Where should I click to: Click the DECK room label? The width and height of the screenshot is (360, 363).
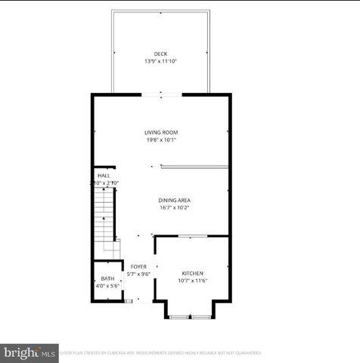pyautogui.click(x=160, y=54)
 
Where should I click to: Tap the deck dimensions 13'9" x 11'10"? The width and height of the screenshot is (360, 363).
pyautogui.click(x=160, y=61)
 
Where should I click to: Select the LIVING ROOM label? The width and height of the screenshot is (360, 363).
pyautogui.click(x=161, y=132)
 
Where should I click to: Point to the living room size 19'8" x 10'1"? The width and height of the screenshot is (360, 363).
pyautogui.click(x=161, y=140)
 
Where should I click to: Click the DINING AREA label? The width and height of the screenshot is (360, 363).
pyautogui.click(x=174, y=200)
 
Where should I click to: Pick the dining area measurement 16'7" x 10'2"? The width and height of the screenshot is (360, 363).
pyautogui.click(x=174, y=207)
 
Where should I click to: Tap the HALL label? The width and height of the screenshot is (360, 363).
pyautogui.click(x=104, y=175)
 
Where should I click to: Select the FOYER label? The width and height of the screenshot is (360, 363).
pyautogui.click(x=138, y=267)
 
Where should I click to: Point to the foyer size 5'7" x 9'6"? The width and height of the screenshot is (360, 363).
pyautogui.click(x=138, y=275)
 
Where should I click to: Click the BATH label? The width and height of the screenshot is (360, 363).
pyautogui.click(x=107, y=278)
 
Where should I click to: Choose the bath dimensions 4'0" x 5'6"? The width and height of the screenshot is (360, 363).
pyautogui.click(x=107, y=286)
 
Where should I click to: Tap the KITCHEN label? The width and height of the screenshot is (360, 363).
pyautogui.click(x=193, y=273)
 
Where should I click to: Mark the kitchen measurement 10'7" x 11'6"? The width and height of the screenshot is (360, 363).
pyautogui.click(x=193, y=281)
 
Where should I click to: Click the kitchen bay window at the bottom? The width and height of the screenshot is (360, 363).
pyautogui.click(x=190, y=316)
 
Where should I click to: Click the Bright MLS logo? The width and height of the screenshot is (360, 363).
pyautogui.click(x=29, y=352)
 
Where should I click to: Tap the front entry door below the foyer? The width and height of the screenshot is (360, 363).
pyautogui.click(x=129, y=302)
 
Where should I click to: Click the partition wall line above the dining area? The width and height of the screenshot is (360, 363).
pyautogui.click(x=194, y=167)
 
